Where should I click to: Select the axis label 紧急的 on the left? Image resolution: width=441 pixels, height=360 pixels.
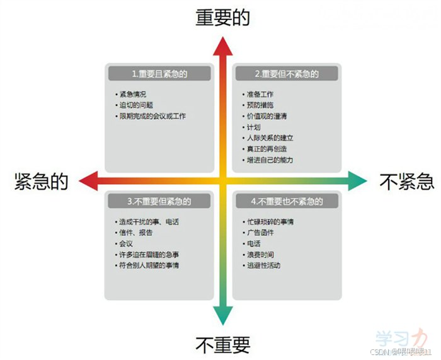click(41, 182)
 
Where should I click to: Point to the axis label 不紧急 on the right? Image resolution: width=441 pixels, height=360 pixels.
click(407, 182)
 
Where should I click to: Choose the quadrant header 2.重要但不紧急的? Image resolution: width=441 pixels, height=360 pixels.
click(287, 74)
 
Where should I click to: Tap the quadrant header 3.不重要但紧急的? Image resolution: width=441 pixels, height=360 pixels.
click(159, 201)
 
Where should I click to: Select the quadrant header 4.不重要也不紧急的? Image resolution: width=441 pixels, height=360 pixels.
click(287, 202)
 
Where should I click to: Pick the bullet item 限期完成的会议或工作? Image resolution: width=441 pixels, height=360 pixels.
click(152, 116)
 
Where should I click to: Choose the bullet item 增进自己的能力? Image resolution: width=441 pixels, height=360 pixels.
click(270, 160)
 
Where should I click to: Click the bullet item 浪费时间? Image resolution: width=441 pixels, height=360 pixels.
click(260, 254)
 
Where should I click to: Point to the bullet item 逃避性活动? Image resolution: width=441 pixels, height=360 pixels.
click(263, 265)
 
